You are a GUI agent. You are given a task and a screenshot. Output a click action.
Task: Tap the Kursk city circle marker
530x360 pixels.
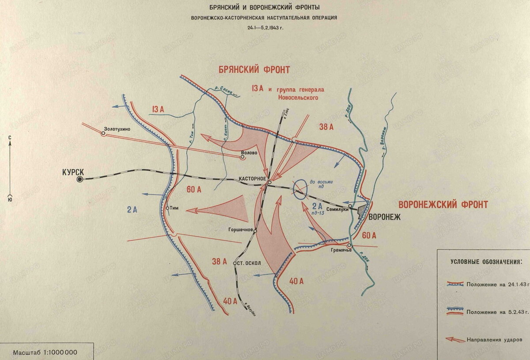pos(79,179)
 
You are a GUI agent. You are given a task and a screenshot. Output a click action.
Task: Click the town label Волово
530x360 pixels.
pos(249,155)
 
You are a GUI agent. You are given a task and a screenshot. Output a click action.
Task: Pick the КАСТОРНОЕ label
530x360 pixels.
pos(252,178)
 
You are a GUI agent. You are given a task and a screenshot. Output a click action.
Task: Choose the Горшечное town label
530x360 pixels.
pos(240,230)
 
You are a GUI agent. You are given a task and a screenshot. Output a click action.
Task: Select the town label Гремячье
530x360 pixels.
pos(340,251)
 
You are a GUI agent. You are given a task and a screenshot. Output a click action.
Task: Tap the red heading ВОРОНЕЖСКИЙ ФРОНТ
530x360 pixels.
pos(443,205)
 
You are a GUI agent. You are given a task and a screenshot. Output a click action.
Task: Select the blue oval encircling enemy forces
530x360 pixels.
pos(301,189)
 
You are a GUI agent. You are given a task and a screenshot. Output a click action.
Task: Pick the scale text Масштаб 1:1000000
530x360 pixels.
pos(45,352)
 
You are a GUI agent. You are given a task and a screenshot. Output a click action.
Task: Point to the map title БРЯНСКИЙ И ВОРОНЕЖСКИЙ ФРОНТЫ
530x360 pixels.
pos(265,8)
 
